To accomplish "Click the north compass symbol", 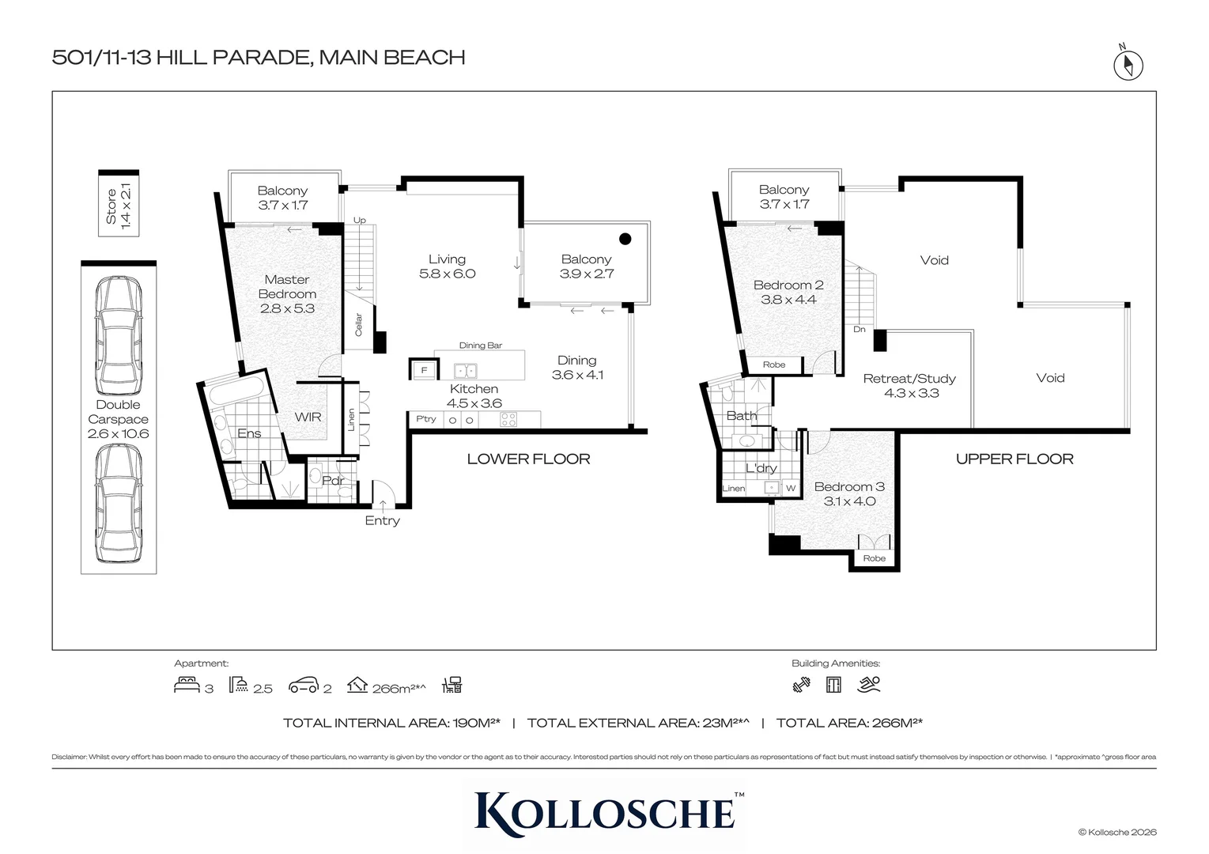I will click(x=1128, y=65).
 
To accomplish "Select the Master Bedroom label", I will click(x=287, y=293).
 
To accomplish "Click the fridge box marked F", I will click(x=424, y=370).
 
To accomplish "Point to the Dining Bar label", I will click(x=481, y=346).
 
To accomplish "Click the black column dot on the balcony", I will click(x=625, y=239).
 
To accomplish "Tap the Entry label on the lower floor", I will click(x=382, y=520).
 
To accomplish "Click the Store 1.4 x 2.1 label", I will click(x=119, y=206).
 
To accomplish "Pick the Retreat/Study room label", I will click(x=910, y=386).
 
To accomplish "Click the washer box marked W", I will click(x=791, y=489).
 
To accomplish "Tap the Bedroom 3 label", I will click(x=849, y=493).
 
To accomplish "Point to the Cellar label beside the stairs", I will click(x=358, y=325).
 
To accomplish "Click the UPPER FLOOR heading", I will click(x=1014, y=459).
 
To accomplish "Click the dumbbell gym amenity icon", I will click(x=801, y=685).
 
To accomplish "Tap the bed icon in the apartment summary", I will click(x=187, y=685).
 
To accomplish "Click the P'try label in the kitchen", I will click(x=426, y=419).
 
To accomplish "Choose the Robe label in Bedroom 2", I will click(x=774, y=365).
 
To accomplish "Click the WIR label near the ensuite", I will click(x=308, y=416).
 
